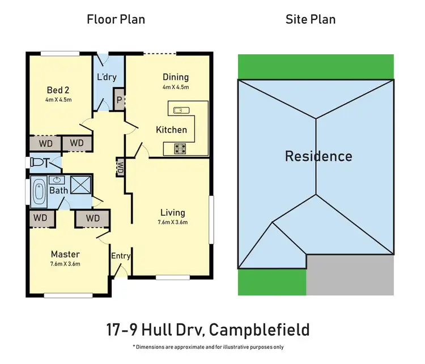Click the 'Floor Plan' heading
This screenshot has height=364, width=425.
pyautogui.click(x=116, y=19)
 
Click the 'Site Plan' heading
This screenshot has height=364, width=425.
pyautogui.click(x=310, y=19)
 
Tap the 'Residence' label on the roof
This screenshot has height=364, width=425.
pyautogui.click(x=318, y=156)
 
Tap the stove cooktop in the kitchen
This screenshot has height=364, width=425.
pyautogui.click(x=181, y=149)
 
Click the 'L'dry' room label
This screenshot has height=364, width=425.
pyautogui.click(x=107, y=78)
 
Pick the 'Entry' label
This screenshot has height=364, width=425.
pyautogui.click(x=121, y=256)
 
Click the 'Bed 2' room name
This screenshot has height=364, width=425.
pyautogui.click(x=58, y=90)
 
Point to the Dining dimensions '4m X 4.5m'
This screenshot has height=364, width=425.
pyautogui.click(x=176, y=88)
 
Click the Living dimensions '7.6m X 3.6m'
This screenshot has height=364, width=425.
pyautogui.click(x=173, y=222)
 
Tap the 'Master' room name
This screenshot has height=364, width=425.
pyautogui.click(x=65, y=254)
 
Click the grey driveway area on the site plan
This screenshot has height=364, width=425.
pyautogui.click(x=350, y=275)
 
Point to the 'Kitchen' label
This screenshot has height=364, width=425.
pyautogui.click(x=171, y=130)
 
